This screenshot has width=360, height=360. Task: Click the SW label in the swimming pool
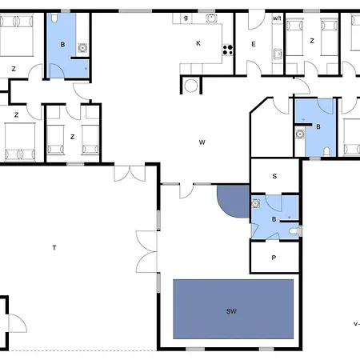click(231, 311)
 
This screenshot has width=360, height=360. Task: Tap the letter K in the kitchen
click(198, 43)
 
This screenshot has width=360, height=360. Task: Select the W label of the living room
click(202, 142)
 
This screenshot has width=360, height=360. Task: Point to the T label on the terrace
click(54, 248)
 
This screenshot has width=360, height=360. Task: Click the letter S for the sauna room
click(274, 176)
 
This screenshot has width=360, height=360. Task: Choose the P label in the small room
click(274, 258)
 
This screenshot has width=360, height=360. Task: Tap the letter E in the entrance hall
click(254, 44)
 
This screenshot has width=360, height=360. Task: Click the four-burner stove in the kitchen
click(228, 50)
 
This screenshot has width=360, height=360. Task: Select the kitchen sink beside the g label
click(211, 18)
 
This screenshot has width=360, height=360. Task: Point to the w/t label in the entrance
click(277, 18)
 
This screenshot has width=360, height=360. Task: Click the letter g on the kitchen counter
click(186, 18)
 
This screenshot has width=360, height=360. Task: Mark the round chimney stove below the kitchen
click(191, 86)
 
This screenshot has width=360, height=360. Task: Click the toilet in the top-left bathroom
click(54, 18)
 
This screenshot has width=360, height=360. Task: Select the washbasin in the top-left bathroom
click(82, 48)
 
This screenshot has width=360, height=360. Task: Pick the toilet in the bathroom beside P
click(294, 231)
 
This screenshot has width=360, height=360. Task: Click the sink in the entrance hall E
click(278, 54)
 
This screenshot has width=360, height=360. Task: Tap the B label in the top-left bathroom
click(62, 45)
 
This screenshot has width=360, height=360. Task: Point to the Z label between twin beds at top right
click(312, 41)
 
